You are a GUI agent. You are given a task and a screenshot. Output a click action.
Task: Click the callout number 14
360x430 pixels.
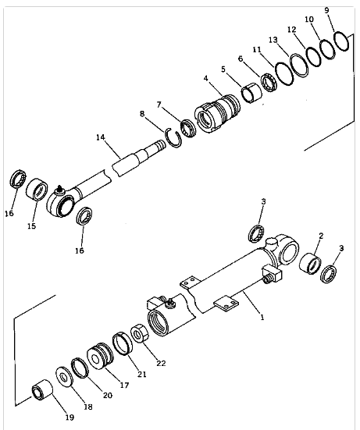pos(101,137)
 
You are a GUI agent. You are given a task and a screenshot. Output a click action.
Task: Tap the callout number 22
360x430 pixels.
pos(161,363)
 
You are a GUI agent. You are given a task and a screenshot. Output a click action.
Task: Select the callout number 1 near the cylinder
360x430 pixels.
pos(262,318)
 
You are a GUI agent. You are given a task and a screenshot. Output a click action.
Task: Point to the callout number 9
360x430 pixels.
pos(326,10)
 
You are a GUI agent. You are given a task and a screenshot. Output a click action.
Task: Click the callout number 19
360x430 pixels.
pos(70,418)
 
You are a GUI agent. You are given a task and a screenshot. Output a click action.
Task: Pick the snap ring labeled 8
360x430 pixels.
pos(173,137)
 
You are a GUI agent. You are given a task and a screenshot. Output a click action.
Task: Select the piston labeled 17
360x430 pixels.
pos(100,356)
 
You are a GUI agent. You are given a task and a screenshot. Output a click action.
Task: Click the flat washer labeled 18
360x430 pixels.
pos(64,377)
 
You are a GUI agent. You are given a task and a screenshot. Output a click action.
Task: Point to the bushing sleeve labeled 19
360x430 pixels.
pos(42,389)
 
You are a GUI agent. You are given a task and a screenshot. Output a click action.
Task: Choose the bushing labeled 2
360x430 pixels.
pos(310,264)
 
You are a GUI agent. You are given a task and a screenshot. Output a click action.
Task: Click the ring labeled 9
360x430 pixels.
pos(341,41)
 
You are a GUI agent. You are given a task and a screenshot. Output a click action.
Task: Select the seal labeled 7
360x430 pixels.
pos(188,128)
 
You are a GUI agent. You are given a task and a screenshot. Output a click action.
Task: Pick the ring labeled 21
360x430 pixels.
pos(123,343)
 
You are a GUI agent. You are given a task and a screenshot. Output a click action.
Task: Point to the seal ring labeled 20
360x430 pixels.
pos(80,368)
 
